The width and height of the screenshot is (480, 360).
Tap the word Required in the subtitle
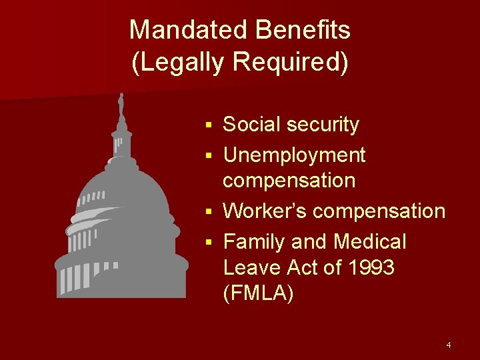tap(291, 62)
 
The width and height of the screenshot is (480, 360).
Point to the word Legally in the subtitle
tap(183, 62)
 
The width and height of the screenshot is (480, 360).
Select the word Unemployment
tap(294, 155)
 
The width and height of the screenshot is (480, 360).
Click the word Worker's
tap(265, 211)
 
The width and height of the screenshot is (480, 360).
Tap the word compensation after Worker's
tap(379, 211)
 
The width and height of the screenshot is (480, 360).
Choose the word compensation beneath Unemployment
tap(289, 181)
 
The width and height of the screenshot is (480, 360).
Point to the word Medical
tap(370, 241)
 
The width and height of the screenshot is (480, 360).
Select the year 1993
tap(371, 267)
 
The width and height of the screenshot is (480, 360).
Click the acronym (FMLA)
tap(258, 294)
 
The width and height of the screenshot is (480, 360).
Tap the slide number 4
tap(449, 345)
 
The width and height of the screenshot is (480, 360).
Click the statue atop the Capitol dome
tap(121, 105)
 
